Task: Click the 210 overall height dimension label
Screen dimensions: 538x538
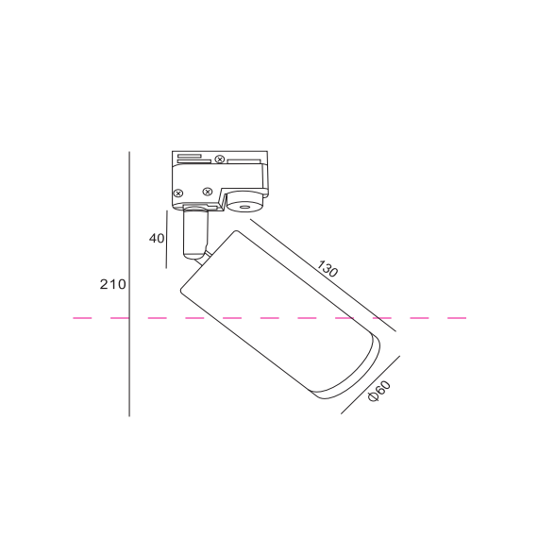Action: coord(113,284)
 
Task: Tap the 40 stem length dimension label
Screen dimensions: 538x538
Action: coord(157,238)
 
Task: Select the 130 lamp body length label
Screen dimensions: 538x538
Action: coord(327,269)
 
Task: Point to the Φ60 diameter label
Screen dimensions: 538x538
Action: coord(379,391)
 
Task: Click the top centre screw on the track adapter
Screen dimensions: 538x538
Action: coord(220,160)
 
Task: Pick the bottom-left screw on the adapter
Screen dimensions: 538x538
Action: coord(178,193)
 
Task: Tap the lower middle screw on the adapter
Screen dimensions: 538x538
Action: coord(208,192)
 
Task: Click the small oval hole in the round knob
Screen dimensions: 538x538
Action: coord(244,207)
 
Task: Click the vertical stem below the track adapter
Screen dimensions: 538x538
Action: coord(195,232)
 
